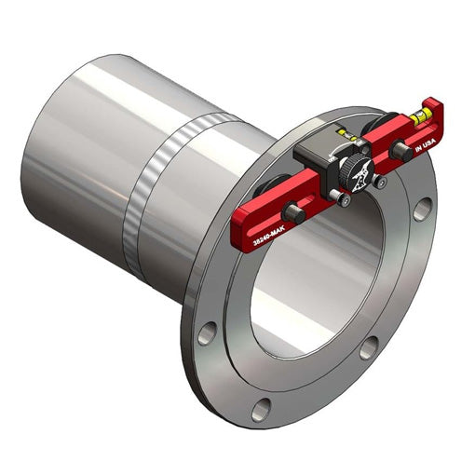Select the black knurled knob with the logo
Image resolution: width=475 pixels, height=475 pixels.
tap(355, 174)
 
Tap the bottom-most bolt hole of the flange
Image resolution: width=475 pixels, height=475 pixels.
tap(264, 408)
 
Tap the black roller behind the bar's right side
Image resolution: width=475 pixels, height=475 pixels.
tap(386, 131)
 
